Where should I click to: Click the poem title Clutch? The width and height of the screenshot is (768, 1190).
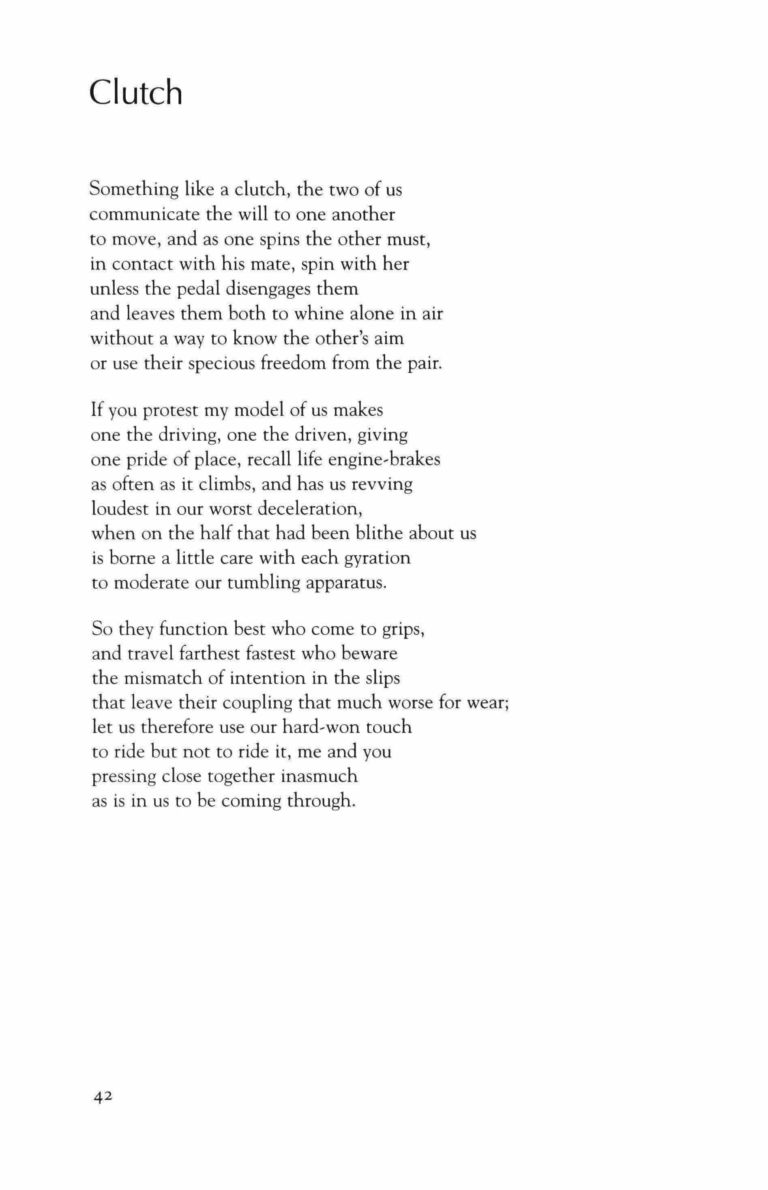pyautogui.click(x=136, y=93)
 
